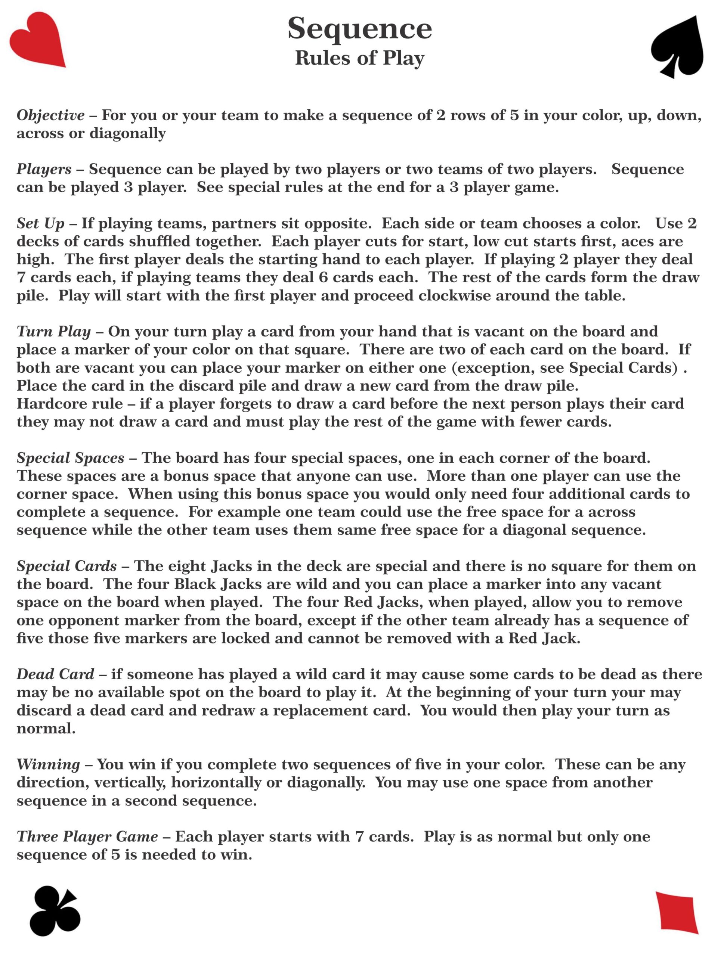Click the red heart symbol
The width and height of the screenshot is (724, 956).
coord(37,40)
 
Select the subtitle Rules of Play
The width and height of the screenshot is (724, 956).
coord(360,58)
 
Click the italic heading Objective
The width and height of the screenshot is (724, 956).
coord(50,115)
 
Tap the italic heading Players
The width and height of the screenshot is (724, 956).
coord(44,169)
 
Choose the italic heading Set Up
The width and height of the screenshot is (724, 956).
coord(40,223)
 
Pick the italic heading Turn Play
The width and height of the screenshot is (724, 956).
coord(53,332)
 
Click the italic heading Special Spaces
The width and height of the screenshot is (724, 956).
coord(70,458)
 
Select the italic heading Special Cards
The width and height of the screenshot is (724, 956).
coord(66,566)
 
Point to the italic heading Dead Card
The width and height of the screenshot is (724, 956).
coord(55,674)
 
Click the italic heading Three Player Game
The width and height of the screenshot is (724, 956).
coord(87,836)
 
